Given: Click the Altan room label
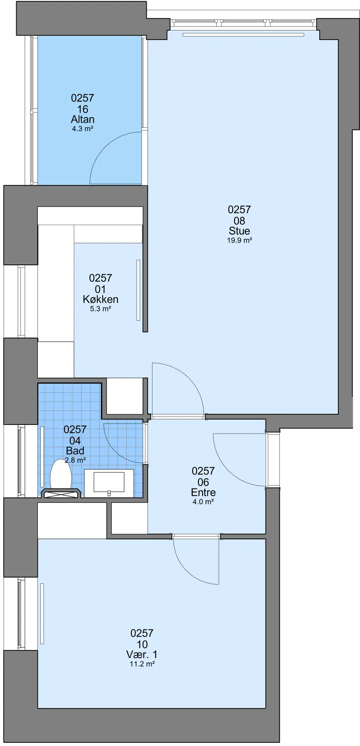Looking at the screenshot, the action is point(83,119).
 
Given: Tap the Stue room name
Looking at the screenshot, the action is point(239,231).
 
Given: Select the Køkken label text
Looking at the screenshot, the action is point(100,299).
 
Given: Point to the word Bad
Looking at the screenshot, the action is point(75,451).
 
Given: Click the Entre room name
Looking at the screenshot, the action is point(203,492).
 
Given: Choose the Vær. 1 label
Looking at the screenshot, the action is point(142,655).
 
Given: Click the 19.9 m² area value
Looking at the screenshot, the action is point(239,240).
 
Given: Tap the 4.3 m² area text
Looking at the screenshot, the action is point(83,129).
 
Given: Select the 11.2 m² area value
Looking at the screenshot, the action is point(142,664).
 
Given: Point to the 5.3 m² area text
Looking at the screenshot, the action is point(100,309).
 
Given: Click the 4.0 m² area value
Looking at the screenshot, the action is point(203,502).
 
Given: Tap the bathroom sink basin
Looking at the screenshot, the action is point(109,482).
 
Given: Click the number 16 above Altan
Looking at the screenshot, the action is point(83,109).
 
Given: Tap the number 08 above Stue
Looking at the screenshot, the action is point(239,221).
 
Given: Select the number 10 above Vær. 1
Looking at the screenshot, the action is point(142,644).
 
